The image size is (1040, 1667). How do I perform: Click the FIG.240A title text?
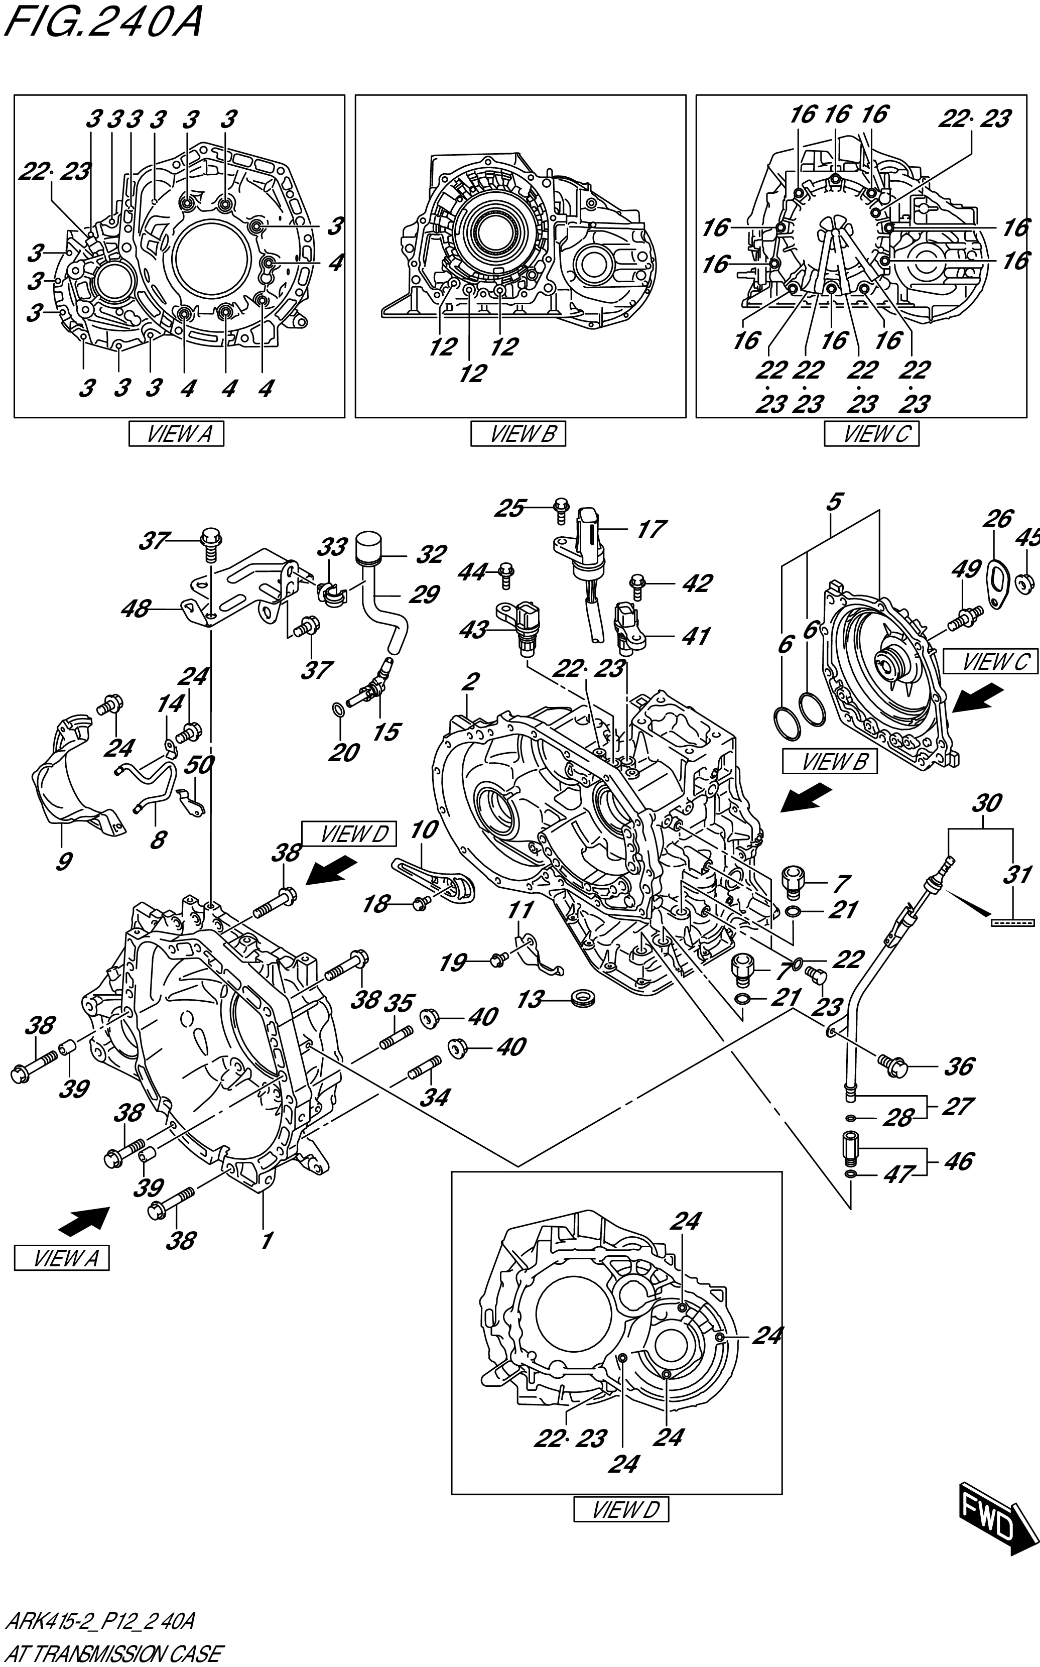coord(103,22)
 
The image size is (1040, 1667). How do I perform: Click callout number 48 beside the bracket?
coord(136,609)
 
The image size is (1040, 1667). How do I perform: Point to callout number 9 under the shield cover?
coord(63,861)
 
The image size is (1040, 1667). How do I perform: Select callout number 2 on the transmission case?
coord(470,682)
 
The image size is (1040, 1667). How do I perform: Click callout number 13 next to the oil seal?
coord(531,999)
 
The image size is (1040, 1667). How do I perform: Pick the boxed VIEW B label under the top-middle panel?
coord(518,434)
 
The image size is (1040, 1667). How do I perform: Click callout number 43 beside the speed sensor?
coord(473,630)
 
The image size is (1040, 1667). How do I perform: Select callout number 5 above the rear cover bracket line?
coord(834,502)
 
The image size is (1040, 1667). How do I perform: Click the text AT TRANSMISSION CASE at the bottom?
coord(113,1653)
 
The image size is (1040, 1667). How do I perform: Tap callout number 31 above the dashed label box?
coord(1016,875)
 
